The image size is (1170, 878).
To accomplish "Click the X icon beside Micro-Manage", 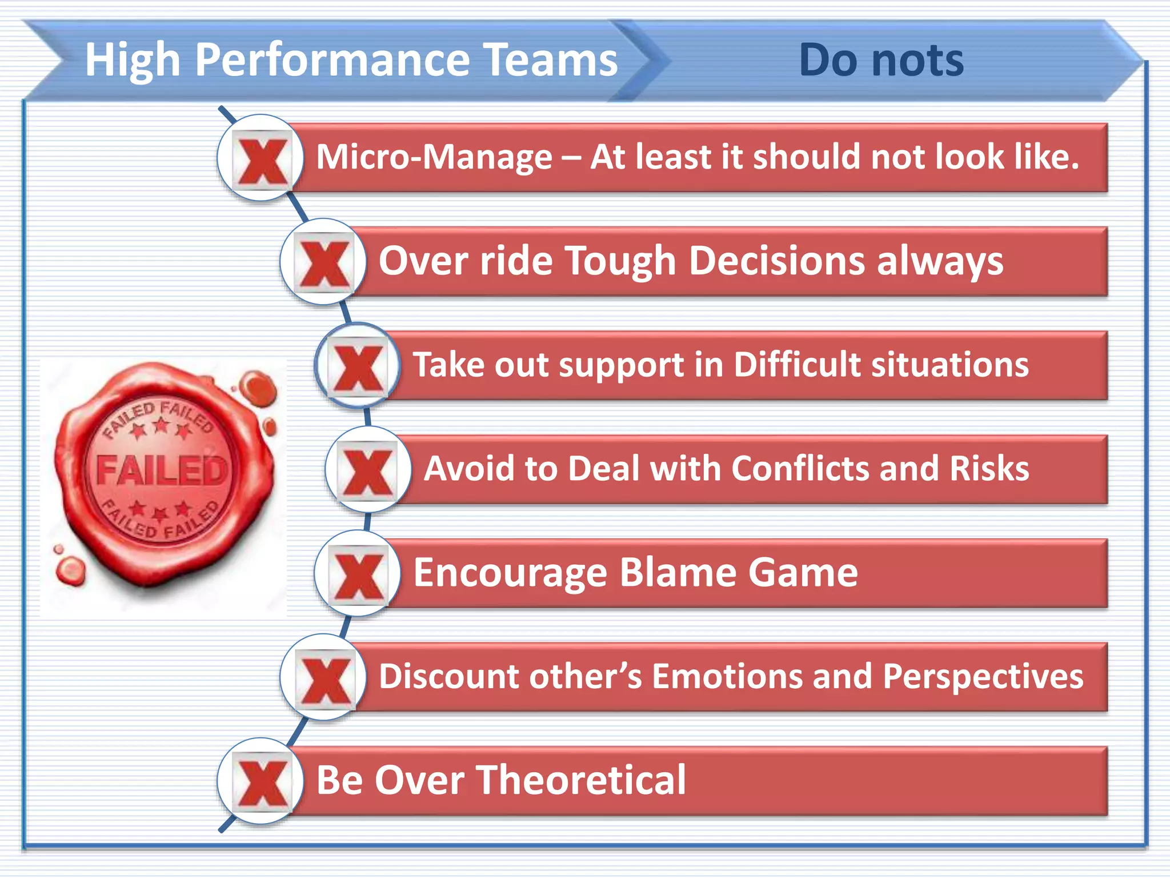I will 262,158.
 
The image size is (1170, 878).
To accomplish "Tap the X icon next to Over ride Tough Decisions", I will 324,262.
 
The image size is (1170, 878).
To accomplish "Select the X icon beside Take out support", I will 358,366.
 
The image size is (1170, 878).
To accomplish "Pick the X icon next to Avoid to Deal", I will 368,470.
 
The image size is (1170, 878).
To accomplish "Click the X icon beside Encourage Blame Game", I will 358,574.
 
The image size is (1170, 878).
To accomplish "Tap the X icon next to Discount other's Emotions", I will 324,679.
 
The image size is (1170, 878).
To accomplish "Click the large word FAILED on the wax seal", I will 162,470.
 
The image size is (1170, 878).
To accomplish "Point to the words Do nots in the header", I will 881,60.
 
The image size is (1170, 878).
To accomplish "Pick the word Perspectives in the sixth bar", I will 983,677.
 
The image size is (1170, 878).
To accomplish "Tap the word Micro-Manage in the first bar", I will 434,157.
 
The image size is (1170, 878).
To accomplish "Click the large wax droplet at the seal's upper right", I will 258,388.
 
